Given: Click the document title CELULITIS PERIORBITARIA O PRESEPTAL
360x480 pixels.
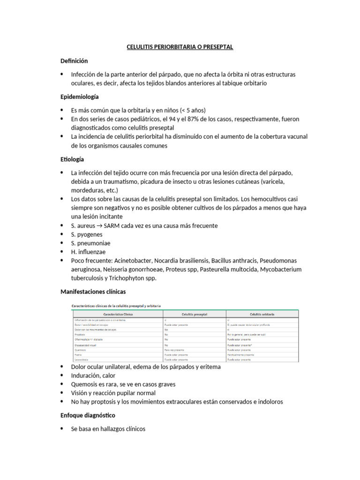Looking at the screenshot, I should (x=180, y=47).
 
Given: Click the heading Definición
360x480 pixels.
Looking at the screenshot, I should (x=74, y=61).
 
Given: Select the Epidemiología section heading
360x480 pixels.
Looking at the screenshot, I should (x=80, y=97).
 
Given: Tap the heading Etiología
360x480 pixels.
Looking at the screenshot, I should (x=73, y=159).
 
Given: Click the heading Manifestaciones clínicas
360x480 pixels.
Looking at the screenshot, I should (x=93, y=292).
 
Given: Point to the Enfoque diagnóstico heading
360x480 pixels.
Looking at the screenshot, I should (x=88, y=415).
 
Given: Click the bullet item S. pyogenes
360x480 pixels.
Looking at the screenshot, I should (x=88, y=234).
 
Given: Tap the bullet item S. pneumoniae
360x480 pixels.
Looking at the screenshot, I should (x=91, y=243).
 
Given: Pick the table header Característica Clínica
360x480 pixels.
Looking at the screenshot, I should (x=117, y=315).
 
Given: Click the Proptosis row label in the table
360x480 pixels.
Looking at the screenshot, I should (x=80, y=335).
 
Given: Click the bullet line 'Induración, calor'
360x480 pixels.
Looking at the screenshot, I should (x=93, y=375).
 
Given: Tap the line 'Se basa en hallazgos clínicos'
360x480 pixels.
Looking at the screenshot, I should (x=108, y=428).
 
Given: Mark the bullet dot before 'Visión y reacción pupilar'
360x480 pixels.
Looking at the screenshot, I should (x=63, y=393).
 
